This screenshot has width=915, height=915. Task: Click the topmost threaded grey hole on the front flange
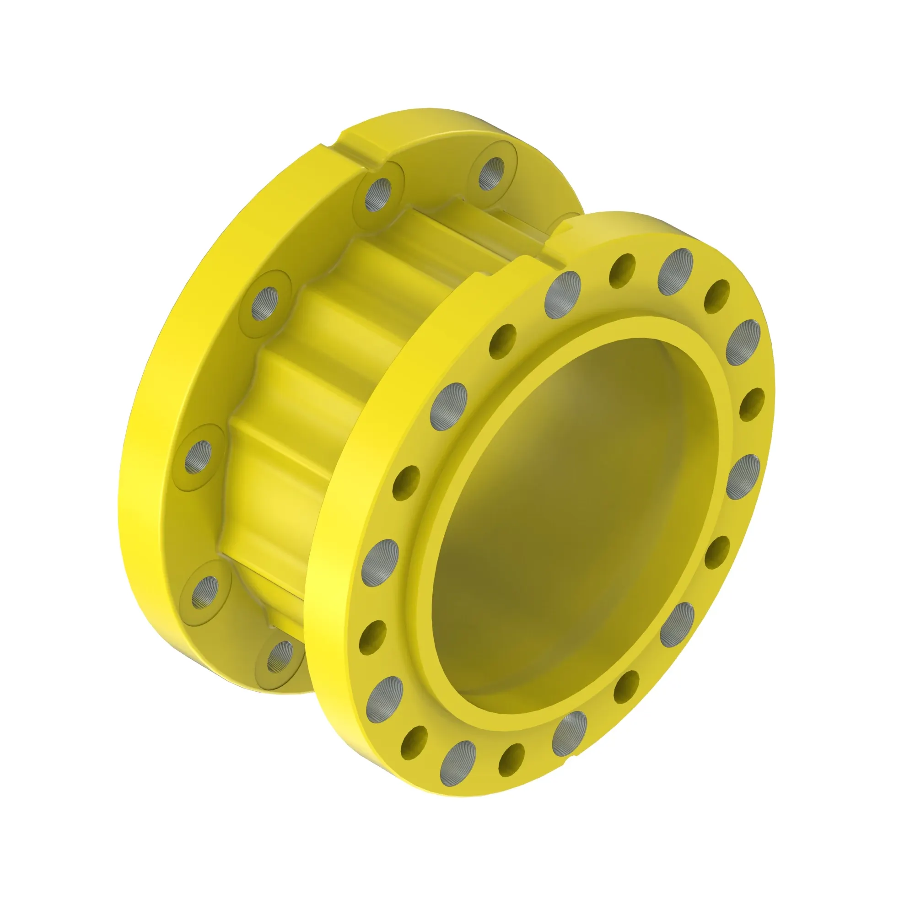point(675,270)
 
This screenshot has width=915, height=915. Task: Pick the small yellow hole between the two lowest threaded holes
point(512,759)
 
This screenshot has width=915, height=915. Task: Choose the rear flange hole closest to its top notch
point(378,194)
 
